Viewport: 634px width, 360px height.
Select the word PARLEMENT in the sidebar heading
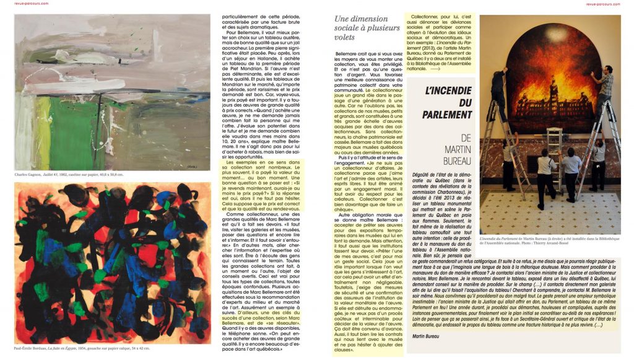pyautogui.click(x=447, y=115)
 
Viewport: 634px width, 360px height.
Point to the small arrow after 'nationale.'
pyautogui.click(x=435, y=69)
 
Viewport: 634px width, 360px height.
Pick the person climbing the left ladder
pyautogui.click(x=498, y=93)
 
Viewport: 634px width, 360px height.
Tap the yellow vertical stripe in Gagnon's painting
pyautogui.click(x=44, y=134)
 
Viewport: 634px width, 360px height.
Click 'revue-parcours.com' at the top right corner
pyautogui.click(x=612, y=3)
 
